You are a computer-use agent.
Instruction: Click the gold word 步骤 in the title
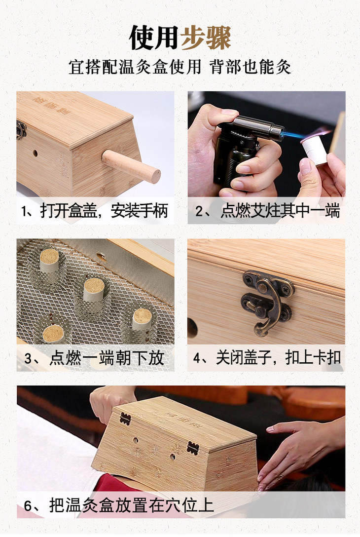click(x=206, y=38)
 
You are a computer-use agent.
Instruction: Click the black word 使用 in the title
click(x=154, y=38)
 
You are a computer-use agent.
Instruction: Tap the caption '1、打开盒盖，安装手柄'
click(x=95, y=211)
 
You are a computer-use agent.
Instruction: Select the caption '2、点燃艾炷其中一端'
click(x=268, y=211)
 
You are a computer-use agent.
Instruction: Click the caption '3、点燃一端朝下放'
click(x=94, y=358)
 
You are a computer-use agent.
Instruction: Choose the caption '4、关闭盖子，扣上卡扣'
click(x=267, y=358)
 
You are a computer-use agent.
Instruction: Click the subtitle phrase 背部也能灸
click(x=251, y=67)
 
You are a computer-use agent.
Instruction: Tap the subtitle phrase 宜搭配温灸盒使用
click(x=135, y=67)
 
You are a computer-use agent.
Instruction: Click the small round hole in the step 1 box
click(x=35, y=153)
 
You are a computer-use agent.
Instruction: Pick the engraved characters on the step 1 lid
click(x=52, y=105)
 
